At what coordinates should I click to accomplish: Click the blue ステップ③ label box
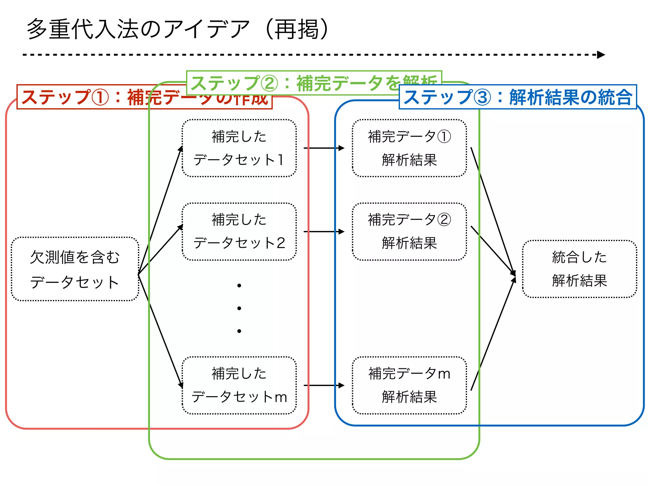(x=518, y=97)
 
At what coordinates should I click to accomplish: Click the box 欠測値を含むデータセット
(x=75, y=269)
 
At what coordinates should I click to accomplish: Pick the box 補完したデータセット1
(x=239, y=148)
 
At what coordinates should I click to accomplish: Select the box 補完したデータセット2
(x=239, y=232)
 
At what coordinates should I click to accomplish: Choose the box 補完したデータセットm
(x=239, y=385)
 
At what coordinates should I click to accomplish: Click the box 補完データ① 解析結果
(x=409, y=148)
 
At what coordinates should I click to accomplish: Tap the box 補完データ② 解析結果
(x=409, y=232)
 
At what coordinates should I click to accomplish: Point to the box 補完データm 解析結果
(x=409, y=385)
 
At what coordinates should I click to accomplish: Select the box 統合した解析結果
(x=579, y=269)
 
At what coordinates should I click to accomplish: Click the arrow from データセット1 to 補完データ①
(x=324, y=148)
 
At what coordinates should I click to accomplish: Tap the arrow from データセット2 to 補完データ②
(x=324, y=232)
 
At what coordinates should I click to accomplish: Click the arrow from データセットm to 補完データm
(x=324, y=385)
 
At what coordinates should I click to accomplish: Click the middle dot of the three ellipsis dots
(x=239, y=308)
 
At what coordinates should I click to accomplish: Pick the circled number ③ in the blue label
(x=483, y=97)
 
